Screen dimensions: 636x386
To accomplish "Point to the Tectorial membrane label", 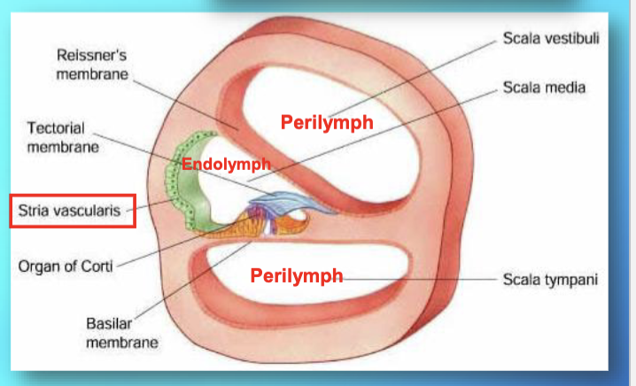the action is (62, 138).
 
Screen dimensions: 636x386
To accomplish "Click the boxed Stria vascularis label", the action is (71, 212).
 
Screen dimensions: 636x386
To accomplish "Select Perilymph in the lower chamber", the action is (296, 275).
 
